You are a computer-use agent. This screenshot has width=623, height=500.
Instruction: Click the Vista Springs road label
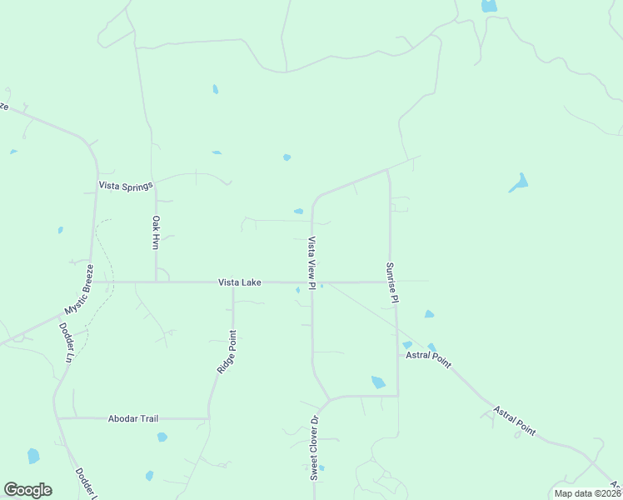(x=126, y=186)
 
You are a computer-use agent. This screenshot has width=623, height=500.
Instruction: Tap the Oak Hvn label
(x=155, y=232)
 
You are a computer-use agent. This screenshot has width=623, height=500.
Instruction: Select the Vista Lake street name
(x=240, y=282)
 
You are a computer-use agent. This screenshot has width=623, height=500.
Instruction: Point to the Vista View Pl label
(x=311, y=263)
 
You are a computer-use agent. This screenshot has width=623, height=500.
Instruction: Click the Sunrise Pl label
(x=391, y=282)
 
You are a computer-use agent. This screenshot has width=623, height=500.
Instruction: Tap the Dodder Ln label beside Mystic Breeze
(x=67, y=342)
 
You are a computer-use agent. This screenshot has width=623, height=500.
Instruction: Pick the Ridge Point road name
(x=227, y=351)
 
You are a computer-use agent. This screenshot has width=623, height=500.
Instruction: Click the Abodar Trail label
(x=133, y=418)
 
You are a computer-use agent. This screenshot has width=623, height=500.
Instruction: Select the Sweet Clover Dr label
(x=315, y=448)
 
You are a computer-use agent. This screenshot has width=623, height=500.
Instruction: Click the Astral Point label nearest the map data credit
(x=514, y=422)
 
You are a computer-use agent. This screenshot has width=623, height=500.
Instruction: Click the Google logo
(x=27, y=490)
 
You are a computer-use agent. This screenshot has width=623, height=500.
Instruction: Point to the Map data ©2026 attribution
(x=586, y=493)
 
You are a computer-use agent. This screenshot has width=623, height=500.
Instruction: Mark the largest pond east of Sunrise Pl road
(x=519, y=182)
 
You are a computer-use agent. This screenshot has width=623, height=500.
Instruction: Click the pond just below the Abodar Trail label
(x=162, y=437)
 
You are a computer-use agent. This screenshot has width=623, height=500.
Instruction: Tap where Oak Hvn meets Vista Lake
(x=156, y=282)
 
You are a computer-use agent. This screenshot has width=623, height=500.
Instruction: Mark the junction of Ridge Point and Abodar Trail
(x=208, y=418)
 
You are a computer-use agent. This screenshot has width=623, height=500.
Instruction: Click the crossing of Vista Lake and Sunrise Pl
(x=390, y=282)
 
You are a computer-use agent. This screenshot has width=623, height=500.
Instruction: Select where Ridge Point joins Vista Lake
(x=233, y=282)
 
